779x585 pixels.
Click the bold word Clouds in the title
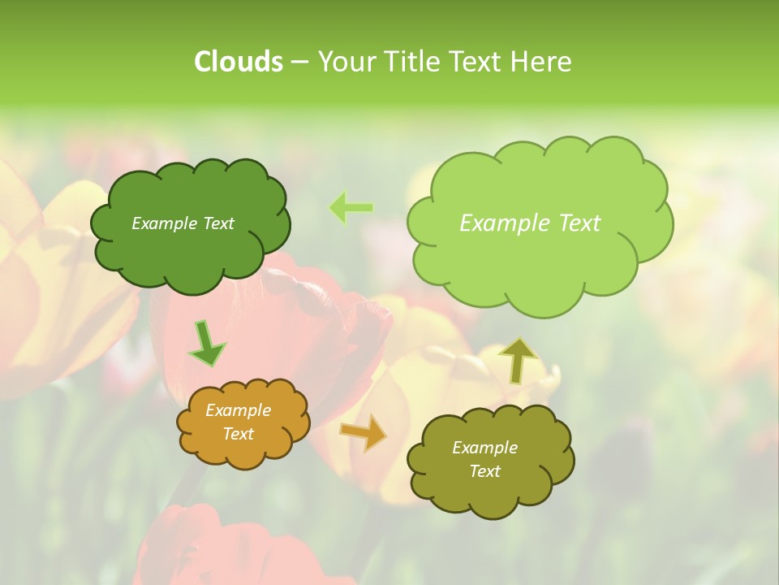[238, 62]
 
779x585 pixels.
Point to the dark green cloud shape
[190, 252]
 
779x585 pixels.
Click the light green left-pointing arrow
[351, 208]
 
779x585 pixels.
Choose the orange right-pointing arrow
[363, 431]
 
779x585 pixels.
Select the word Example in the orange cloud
[238, 410]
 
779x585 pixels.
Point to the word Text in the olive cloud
[484, 471]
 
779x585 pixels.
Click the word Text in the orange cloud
[238, 434]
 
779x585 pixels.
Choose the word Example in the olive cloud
[484, 448]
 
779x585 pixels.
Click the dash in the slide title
[299, 62]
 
